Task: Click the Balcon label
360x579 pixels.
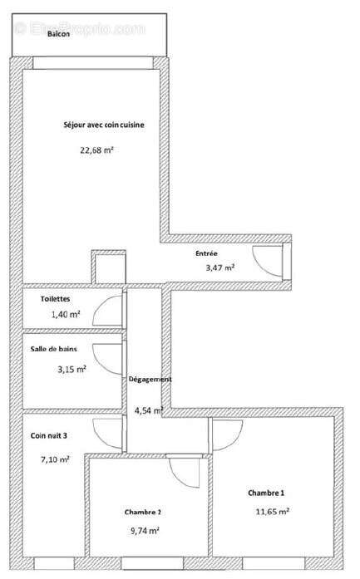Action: tap(35, 47)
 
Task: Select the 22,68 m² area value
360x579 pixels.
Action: tap(96, 150)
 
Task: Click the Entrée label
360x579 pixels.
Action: tap(207, 253)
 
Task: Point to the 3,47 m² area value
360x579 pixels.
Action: tap(219, 267)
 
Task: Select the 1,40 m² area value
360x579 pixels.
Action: tap(65, 314)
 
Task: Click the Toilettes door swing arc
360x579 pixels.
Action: tap(106, 310)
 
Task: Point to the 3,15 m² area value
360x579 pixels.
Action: tap(71, 370)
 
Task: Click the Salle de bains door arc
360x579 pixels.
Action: tap(106, 356)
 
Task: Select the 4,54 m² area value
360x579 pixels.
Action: tap(148, 410)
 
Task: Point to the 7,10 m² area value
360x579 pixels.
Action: tap(55, 458)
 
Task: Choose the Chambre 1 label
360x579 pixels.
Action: tap(266, 493)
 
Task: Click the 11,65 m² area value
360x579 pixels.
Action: tap(272, 513)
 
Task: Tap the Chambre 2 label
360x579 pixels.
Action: tap(143, 511)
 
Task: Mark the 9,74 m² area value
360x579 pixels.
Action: tap(144, 530)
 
